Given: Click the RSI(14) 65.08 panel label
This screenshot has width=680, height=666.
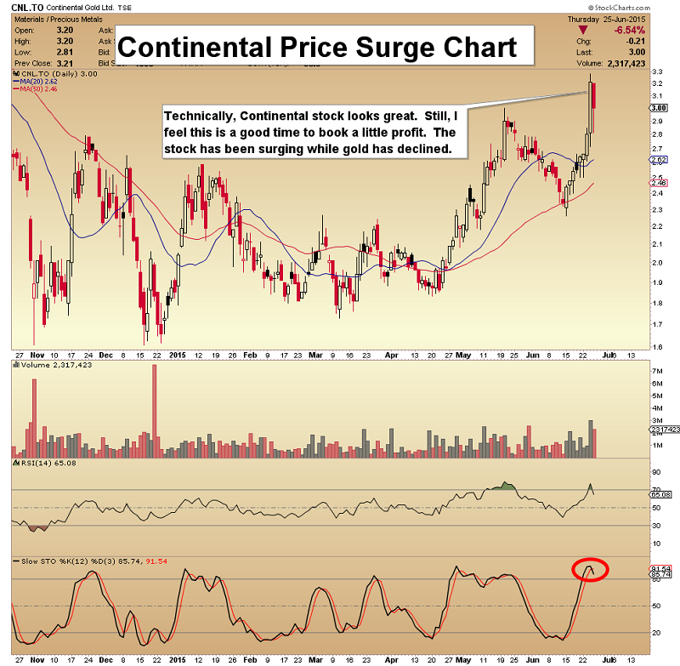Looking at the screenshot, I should tap(38, 462).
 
